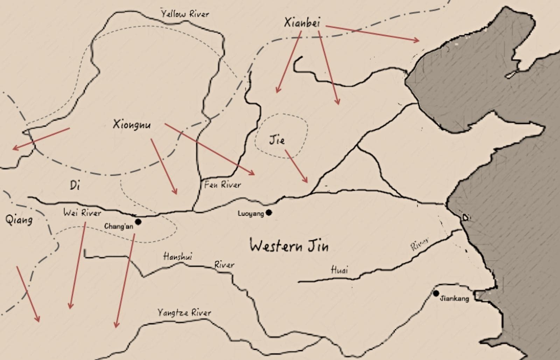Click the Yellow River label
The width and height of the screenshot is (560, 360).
[x=185, y=14]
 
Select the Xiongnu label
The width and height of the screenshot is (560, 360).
[x=132, y=124]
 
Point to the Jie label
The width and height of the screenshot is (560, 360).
[x=277, y=140]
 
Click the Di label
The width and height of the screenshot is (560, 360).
[x=75, y=185]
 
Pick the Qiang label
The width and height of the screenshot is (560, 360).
[x=19, y=220]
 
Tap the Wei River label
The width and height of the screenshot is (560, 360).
[x=82, y=213]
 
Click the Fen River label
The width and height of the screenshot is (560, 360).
[x=223, y=185]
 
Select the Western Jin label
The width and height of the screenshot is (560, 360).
[x=289, y=246]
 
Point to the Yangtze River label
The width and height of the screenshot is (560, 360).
[x=184, y=312]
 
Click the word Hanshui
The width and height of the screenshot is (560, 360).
[x=177, y=257]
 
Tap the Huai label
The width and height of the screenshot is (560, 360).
[x=339, y=270]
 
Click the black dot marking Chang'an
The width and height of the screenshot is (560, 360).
[x=138, y=222]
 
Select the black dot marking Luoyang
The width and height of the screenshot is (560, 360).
[x=269, y=212]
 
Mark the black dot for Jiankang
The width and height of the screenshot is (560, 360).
[x=436, y=293]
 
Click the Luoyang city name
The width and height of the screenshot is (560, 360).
[x=251, y=213]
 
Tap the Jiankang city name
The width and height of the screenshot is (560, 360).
[x=454, y=299]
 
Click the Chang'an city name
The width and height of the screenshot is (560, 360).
[x=119, y=226]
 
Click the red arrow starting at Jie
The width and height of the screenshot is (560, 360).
[x=296, y=166]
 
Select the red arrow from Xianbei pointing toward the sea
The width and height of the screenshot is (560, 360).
[x=372, y=33]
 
